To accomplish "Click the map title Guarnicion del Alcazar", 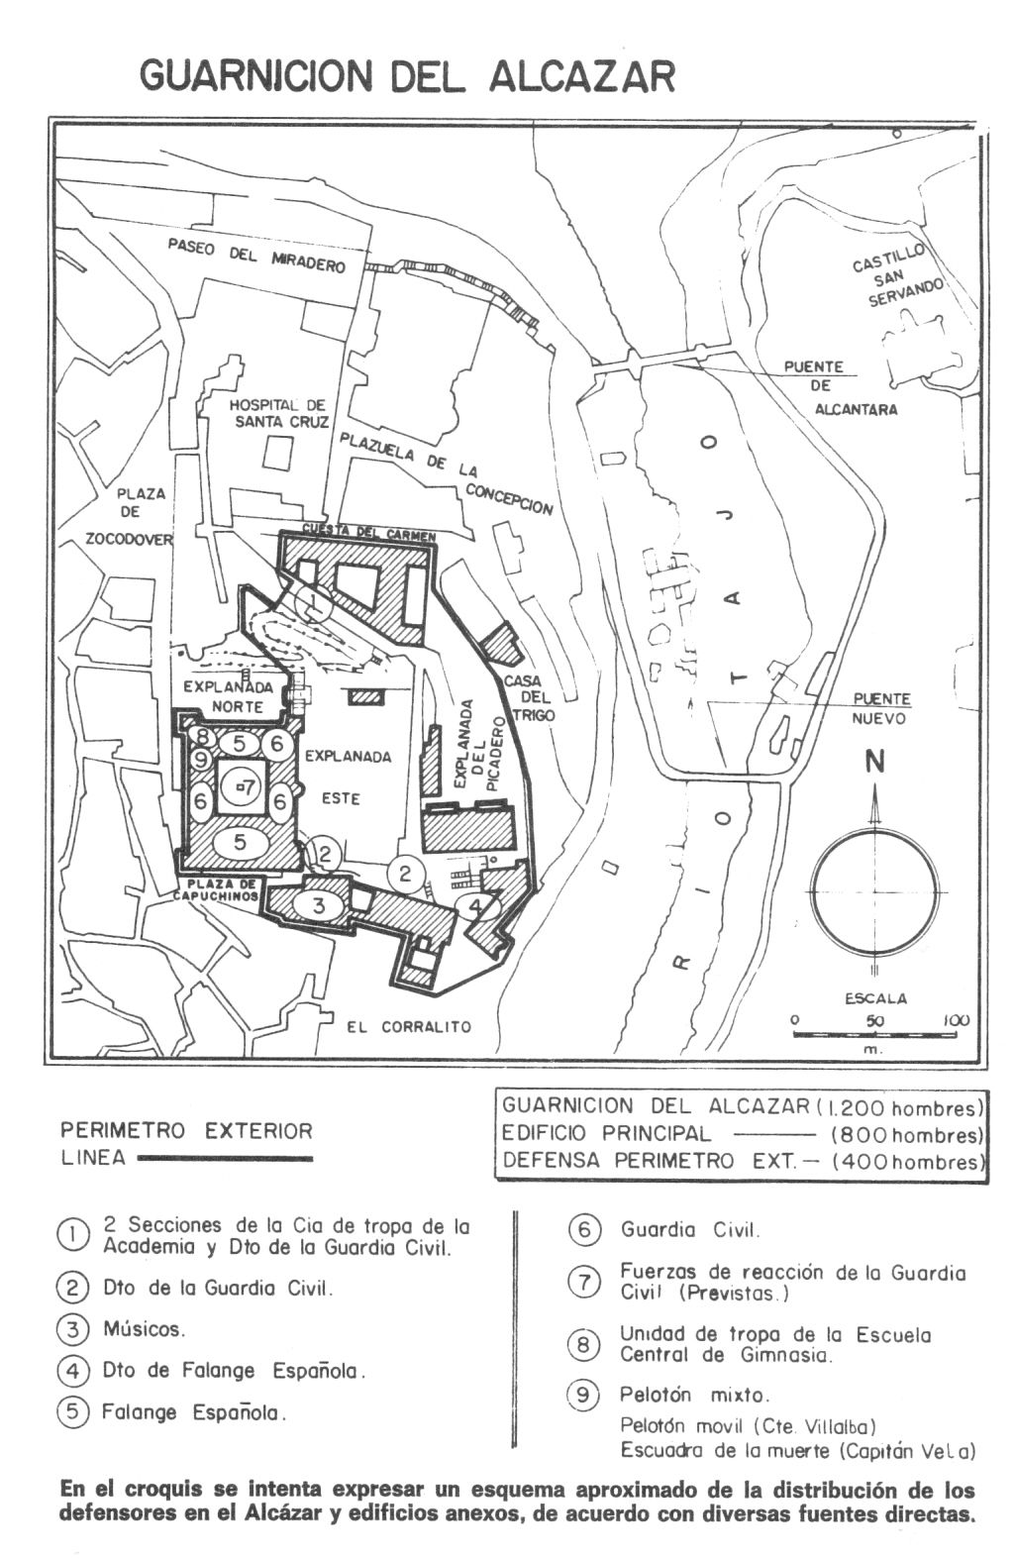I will [407, 75].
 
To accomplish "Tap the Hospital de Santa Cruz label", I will [277, 413].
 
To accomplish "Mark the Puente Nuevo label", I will [881, 708].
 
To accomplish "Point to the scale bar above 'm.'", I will [872, 1035].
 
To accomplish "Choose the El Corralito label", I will [410, 1027].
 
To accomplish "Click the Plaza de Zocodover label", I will [136, 516].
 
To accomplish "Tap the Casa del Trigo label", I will [529, 697].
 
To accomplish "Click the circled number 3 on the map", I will [319, 905].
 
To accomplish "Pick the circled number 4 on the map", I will [477, 906].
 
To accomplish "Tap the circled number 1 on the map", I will [314, 601].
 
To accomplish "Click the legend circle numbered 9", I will [583, 1395].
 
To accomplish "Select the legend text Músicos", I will [144, 1329].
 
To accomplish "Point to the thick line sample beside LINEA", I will [226, 1159].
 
